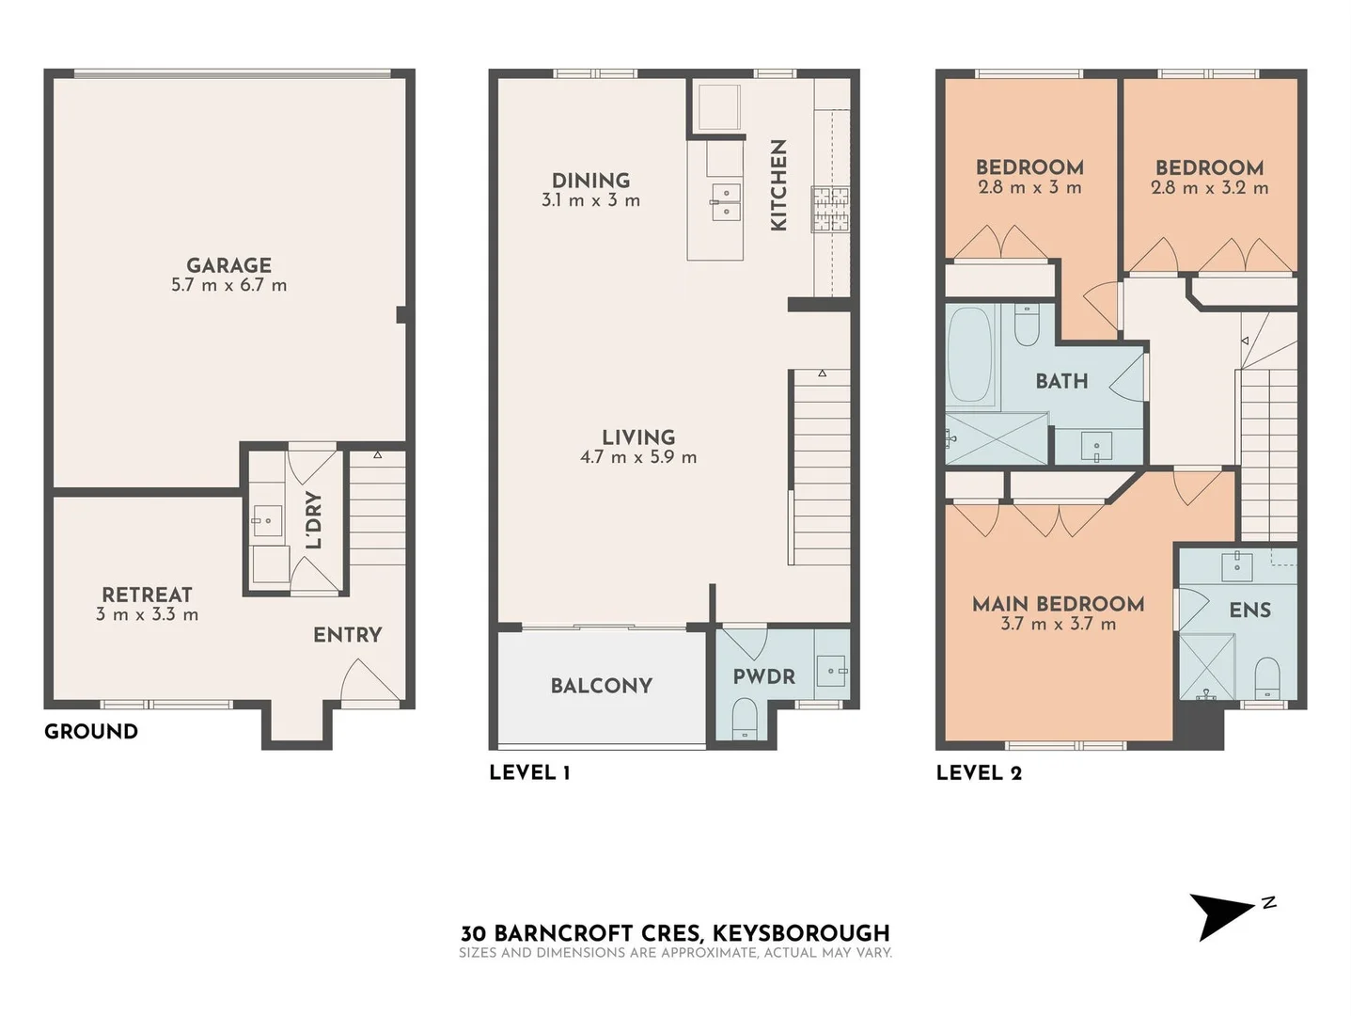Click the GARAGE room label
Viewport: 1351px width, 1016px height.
pos(228,265)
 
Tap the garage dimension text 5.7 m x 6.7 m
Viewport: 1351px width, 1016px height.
pos(228,285)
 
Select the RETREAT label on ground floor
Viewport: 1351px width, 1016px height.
pos(147,595)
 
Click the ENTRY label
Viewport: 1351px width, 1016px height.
pos(347,635)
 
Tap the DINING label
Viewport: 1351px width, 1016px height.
pos(590,180)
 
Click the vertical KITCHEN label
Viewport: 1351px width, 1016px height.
pos(778,185)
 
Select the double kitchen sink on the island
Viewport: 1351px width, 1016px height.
pos(725,202)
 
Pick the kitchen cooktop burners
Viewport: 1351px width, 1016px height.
pos(830,209)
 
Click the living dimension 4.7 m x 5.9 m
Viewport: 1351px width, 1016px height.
pos(638,457)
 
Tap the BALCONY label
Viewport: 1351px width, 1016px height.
pos(601,686)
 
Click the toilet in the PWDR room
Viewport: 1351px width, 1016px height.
pos(744,718)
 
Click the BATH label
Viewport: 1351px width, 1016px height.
pos(1061,381)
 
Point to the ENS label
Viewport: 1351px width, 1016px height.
pos(1249,611)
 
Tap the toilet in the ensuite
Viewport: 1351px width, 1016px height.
pos(1267,677)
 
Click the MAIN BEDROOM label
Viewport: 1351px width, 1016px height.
pos(1058,604)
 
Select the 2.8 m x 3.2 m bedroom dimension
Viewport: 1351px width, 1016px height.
pos(1209,188)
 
